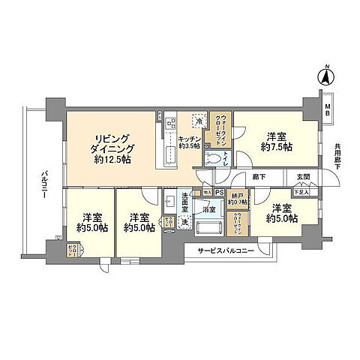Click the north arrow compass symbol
(326, 76)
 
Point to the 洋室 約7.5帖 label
(274, 142)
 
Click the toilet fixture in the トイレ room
(213, 158)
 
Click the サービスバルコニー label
(226, 250)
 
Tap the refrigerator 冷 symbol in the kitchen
(197, 119)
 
